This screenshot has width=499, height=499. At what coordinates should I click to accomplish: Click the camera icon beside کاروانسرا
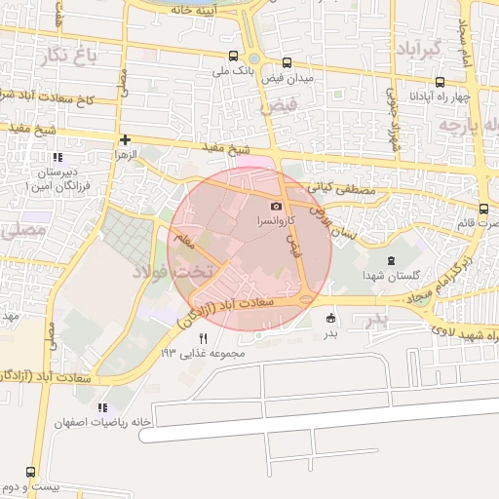tap(277, 206)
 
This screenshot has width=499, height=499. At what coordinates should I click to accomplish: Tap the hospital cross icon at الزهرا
tap(125, 140)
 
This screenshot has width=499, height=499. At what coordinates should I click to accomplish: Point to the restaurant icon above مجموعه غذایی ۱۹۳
tap(203, 337)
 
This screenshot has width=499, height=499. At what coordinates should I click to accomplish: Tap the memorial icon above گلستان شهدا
tap(392, 260)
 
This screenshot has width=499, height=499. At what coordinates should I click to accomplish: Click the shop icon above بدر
tap(330, 317)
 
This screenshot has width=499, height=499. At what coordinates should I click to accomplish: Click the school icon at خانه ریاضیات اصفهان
tap(102, 407)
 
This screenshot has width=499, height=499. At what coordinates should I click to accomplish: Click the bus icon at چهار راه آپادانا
tap(441, 82)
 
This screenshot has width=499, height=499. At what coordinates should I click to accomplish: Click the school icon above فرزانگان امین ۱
tap(58, 157)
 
